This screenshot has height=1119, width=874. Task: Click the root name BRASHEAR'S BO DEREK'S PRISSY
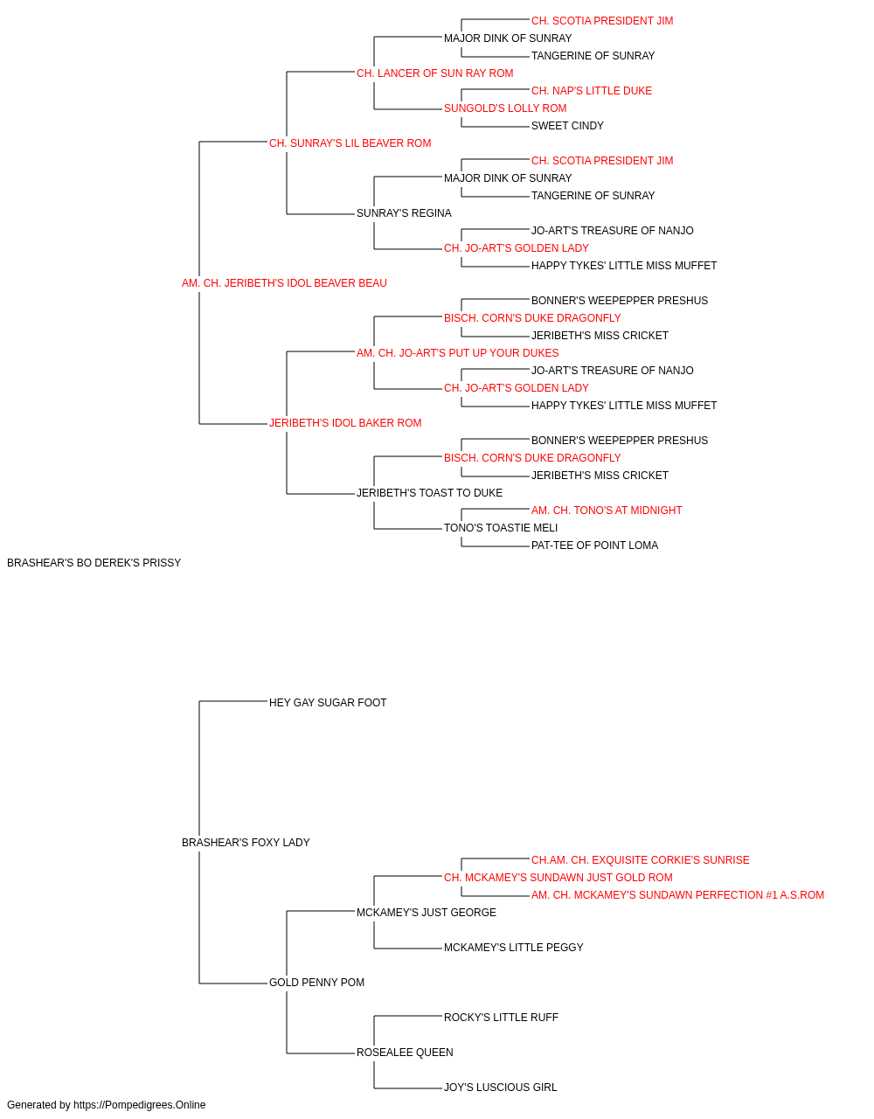pyautogui.click(x=94, y=562)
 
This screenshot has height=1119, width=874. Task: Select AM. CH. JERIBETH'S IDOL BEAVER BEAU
pyautogui.click(x=284, y=282)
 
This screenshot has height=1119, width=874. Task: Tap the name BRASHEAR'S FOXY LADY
pyautogui.click(x=246, y=843)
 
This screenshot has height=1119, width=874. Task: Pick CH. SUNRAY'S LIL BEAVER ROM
pyautogui.click(x=350, y=143)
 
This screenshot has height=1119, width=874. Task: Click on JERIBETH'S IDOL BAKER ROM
pyautogui.click(x=345, y=423)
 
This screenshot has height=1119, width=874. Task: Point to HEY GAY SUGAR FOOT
pyautogui.click(x=328, y=702)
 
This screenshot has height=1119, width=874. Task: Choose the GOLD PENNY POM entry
pyautogui.click(x=316, y=982)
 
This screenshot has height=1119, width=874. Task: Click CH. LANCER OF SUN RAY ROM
pyautogui.click(x=435, y=73)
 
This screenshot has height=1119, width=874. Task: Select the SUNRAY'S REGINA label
pyautogui.click(x=404, y=212)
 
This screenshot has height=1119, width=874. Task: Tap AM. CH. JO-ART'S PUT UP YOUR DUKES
pyautogui.click(x=458, y=352)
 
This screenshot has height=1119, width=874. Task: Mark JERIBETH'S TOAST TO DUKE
pyautogui.click(x=429, y=493)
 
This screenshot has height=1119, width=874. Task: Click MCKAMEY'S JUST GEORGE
pyautogui.click(x=427, y=913)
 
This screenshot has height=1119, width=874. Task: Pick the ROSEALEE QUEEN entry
pyautogui.click(x=405, y=1052)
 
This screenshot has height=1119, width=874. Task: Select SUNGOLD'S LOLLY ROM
pyautogui.click(x=505, y=108)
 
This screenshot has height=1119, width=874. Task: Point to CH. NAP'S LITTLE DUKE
pyautogui.click(x=592, y=91)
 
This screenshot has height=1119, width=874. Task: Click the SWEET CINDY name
pyautogui.click(x=567, y=126)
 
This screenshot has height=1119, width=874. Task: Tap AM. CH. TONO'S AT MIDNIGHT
pyautogui.click(x=607, y=511)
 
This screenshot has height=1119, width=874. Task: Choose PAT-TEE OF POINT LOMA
pyautogui.click(x=594, y=545)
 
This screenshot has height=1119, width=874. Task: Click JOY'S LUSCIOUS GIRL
pyautogui.click(x=500, y=1087)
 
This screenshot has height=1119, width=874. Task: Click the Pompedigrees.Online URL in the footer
pyautogui.click(x=139, y=1105)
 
